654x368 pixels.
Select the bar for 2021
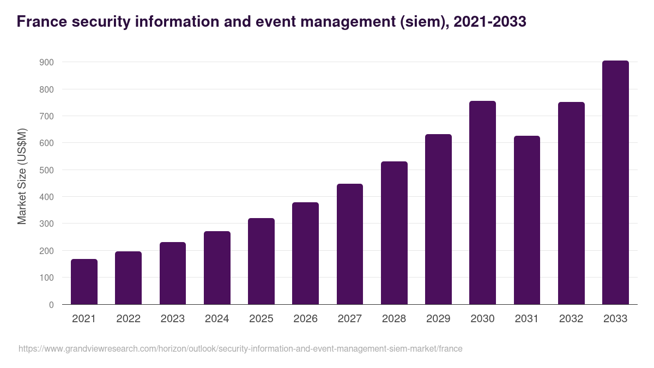coord(84,282)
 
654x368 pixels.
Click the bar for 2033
coord(615,183)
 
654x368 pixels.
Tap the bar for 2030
coord(482,203)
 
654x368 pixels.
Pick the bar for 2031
coord(527,220)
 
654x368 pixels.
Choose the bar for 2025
coord(261,261)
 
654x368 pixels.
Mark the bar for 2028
coord(394,233)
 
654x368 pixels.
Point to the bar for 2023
coord(173,273)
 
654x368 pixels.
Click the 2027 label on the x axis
coord(349,319)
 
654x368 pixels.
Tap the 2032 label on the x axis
coord(571,319)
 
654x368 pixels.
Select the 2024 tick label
coord(217,319)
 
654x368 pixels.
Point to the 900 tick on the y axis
coord(47,63)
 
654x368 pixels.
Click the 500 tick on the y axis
coord(47,170)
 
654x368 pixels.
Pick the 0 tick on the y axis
coord(51,305)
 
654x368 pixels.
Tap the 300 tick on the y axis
coord(47,224)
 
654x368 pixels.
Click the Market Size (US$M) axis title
coord(22,176)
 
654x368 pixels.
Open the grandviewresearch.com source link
coord(240,348)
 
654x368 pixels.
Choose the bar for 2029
coord(438,219)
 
